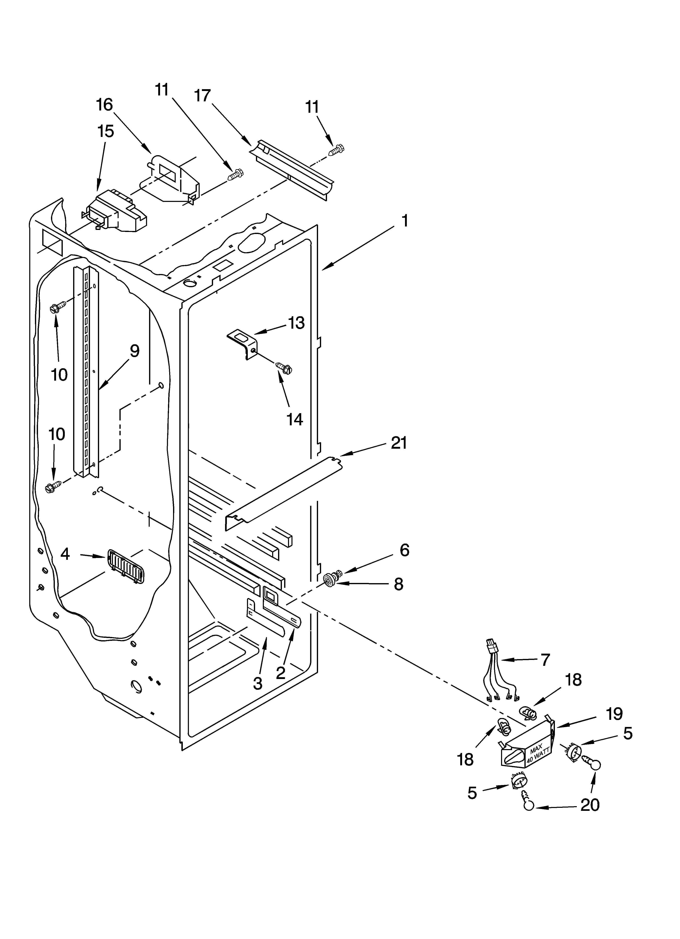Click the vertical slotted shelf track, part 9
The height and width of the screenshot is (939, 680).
coord(87,373)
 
